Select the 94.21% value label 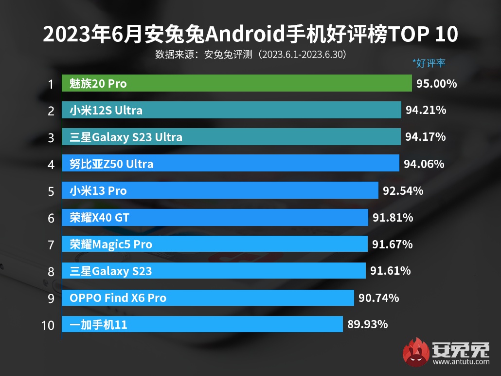(x=426, y=110)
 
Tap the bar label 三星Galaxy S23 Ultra (x=126, y=137)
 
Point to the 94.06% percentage (x=424, y=164)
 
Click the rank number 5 (x=51, y=191)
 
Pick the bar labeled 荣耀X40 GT (x=214, y=217)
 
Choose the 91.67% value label (x=392, y=244)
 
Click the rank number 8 (x=51, y=271)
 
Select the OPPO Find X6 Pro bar (x=208, y=298)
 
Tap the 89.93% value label (x=367, y=324)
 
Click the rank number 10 (x=48, y=324)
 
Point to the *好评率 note (x=429, y=63)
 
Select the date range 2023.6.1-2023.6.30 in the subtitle (x=302, y=54)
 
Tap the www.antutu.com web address (x=461, y=361)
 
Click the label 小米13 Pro (x=98, y=191)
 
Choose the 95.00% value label (x=436, y=84)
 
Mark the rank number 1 (x=51, y=84)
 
